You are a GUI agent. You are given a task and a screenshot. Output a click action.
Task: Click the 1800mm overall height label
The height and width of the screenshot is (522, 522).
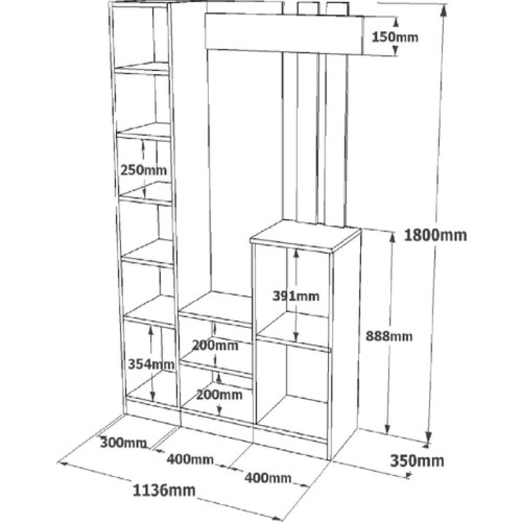435,235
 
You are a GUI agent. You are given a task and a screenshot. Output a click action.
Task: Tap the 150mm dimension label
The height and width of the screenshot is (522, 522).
395,37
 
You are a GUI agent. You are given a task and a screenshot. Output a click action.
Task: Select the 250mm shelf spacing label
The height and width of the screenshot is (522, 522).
143,170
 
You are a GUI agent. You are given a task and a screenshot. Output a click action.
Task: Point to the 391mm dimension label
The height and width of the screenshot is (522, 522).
296,296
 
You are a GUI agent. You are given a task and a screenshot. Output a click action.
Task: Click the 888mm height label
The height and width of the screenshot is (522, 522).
389,336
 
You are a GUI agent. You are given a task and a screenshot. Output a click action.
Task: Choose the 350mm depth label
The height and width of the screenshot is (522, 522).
417,461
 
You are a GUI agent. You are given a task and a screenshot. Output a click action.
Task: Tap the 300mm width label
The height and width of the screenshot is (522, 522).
123,443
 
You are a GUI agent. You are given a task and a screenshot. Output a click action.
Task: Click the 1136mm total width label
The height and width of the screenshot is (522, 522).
164,490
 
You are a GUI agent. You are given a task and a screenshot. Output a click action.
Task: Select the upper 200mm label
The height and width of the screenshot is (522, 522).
215,346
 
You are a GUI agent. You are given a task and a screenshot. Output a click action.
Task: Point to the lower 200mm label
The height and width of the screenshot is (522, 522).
219,395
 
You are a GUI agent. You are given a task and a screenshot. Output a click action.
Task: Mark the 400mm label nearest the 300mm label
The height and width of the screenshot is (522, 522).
190,460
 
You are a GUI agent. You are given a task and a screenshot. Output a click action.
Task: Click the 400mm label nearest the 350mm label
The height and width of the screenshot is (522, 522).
268,478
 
